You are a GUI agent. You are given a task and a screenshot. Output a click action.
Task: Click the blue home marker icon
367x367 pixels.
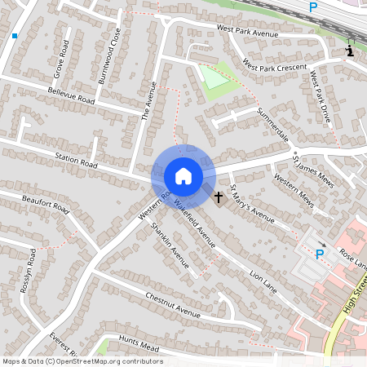click(x=183, y=175)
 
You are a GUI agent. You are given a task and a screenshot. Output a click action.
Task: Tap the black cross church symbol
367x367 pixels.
click(x=218, y=197)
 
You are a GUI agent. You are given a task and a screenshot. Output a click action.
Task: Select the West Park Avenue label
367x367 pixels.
click(x=247, y=31)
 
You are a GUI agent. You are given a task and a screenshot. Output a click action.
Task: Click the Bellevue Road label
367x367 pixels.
click(x=72, y=100)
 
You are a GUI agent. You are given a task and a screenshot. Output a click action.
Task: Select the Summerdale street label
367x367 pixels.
click(x=273, y=124)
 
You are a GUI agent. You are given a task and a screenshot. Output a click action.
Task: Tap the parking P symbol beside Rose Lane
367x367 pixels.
click(x=320, y=254)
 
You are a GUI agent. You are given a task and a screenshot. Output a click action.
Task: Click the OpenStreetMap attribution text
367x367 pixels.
click(x=82, y=361)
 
